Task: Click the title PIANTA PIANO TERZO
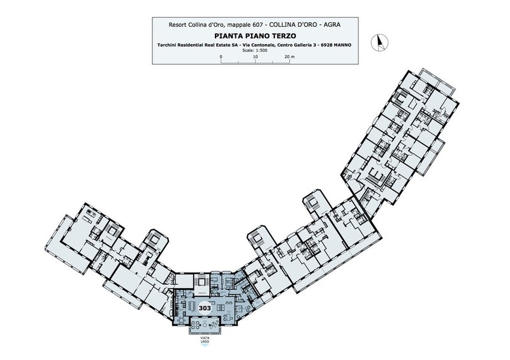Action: (255, 36)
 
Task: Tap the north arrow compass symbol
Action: (379, 42)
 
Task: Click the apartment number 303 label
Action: (205, 308)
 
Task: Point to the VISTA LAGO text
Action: (205, 340)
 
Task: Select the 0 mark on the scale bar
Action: (221, 57)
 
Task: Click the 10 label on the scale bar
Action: (256, 57)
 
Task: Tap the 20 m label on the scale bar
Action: (289, 57)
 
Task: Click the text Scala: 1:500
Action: (255, 50)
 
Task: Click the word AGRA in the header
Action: (332, 25)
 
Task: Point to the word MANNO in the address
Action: (342, 45)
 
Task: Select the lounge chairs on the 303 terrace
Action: (215, 324)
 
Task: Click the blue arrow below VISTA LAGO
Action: (205, 346)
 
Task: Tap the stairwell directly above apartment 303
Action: (201, 282)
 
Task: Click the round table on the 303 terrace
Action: (196, 324)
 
